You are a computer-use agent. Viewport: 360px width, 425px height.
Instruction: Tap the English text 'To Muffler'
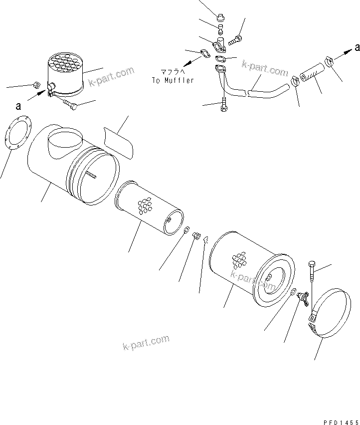(173, 81)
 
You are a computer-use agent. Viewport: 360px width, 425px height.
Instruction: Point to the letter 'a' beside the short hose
(357, 47)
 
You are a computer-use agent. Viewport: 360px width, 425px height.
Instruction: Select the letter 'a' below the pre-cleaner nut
(18, 106)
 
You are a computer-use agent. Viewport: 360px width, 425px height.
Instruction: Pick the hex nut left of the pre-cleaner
(37, 85)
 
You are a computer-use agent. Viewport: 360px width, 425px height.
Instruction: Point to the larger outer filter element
(249, 269)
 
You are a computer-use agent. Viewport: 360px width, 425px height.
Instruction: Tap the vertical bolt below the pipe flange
(224, 105)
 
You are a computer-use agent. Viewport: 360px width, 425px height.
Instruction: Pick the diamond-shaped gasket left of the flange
(204, 53)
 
